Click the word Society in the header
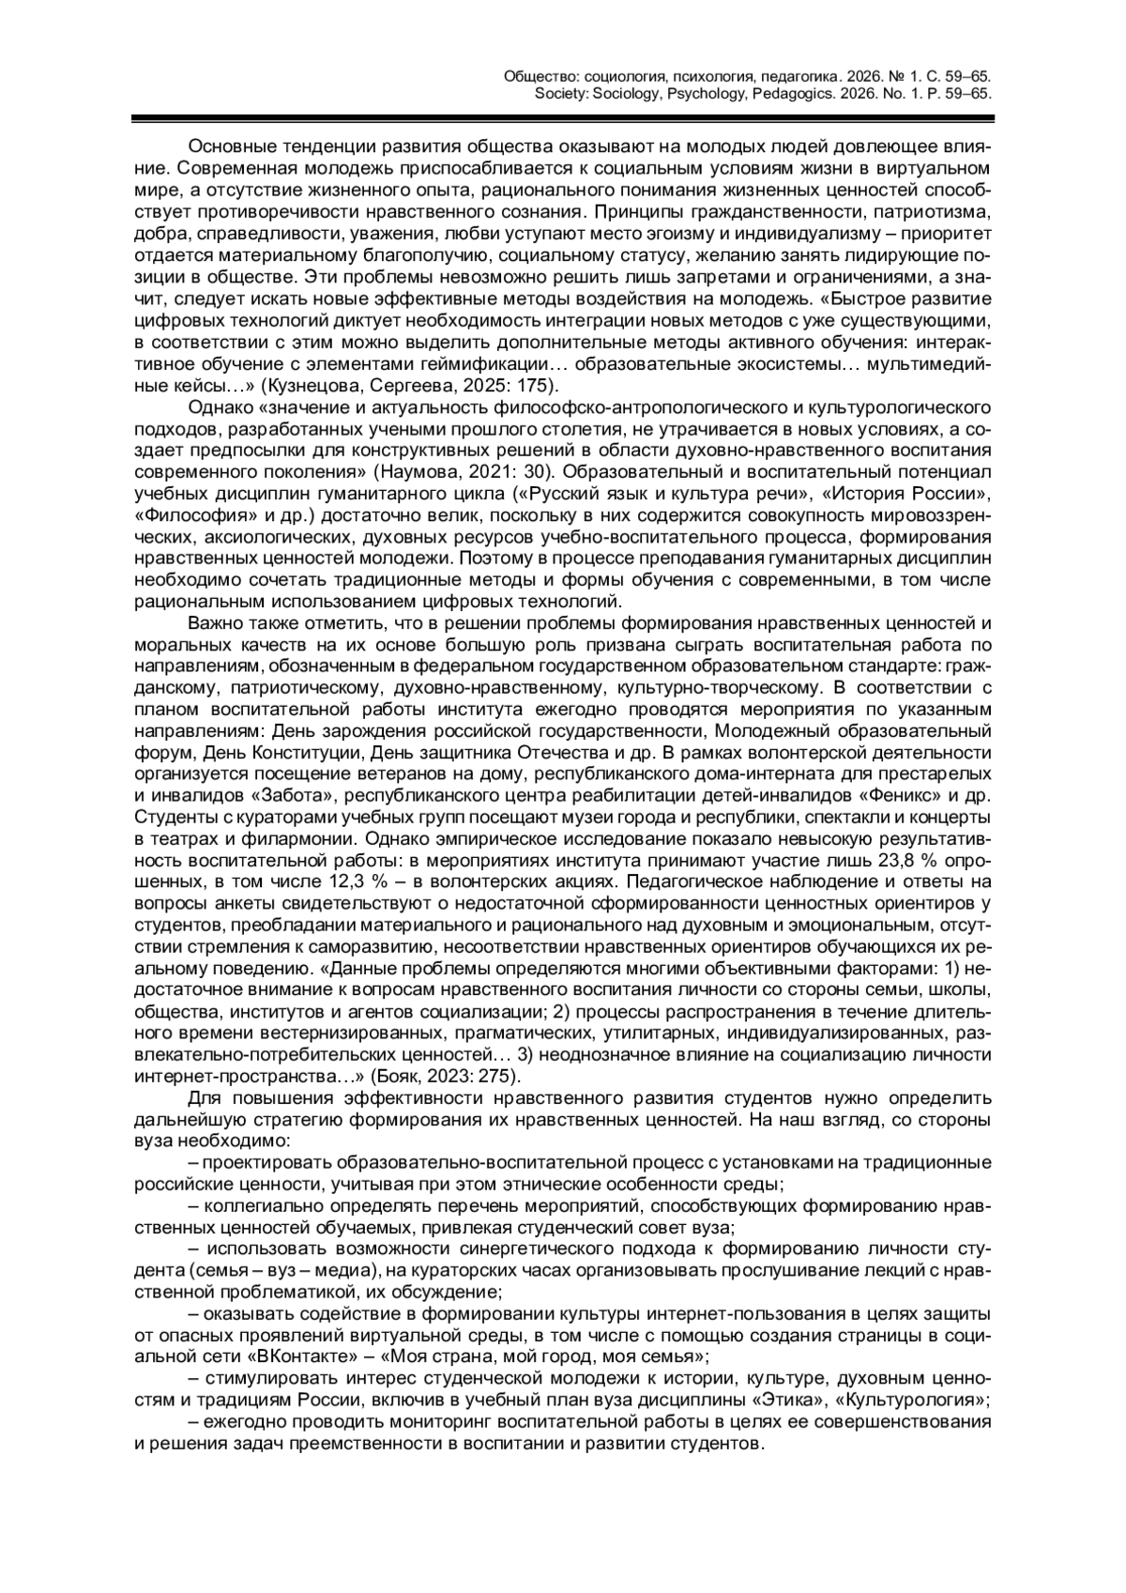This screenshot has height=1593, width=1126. pyautogui.click(x=561, y=94)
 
